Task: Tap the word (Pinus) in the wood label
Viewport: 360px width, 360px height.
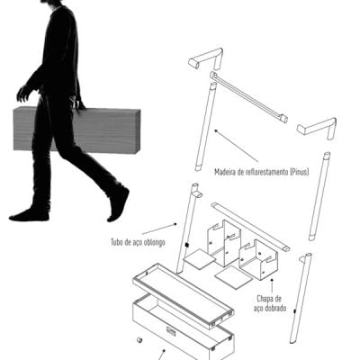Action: [299, 172]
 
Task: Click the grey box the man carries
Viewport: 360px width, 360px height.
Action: [76, 130]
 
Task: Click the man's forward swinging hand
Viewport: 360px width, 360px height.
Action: [23, 94]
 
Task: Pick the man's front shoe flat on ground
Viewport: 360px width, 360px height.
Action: [29, 215]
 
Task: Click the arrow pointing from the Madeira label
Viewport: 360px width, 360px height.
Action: [236, 146]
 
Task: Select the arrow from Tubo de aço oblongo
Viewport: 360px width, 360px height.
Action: [159, 229]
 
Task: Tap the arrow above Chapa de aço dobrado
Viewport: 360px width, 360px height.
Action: [272, 285]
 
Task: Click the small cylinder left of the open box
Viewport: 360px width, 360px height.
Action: [139, 340]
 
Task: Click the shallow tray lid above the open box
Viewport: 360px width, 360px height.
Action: [183, 296]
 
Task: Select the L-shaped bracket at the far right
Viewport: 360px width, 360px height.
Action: [317, 127]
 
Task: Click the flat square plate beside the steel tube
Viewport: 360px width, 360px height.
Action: [199, 258]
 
